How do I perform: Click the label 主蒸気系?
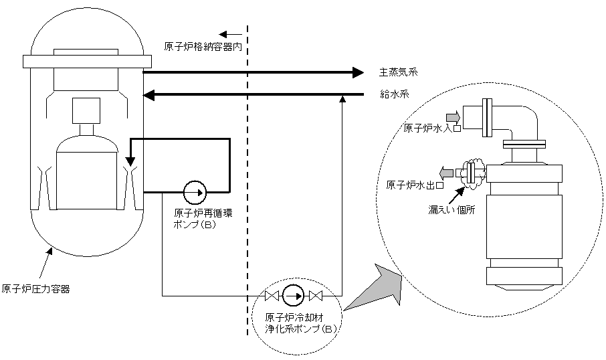pos(398,72)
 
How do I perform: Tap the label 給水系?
pos(394,94)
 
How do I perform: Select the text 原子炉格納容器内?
pos(203,47)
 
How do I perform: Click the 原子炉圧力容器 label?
pos(35,289)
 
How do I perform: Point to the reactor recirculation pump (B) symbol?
pos(195,192)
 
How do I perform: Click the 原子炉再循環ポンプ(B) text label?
pos(203,218)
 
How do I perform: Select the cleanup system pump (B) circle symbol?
pos(294,296)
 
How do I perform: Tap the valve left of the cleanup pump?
pos(272,296)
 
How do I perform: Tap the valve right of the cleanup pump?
pos(316,296)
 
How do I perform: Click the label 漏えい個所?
pos(451,210)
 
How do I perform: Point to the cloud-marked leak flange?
pos(470,173)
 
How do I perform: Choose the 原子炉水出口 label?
pos(415,185)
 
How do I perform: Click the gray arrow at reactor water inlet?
pos(453,116)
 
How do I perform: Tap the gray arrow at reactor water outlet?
pos(446,172)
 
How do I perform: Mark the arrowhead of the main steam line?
pos(359,72)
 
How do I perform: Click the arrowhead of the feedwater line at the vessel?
pos(148,95)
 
